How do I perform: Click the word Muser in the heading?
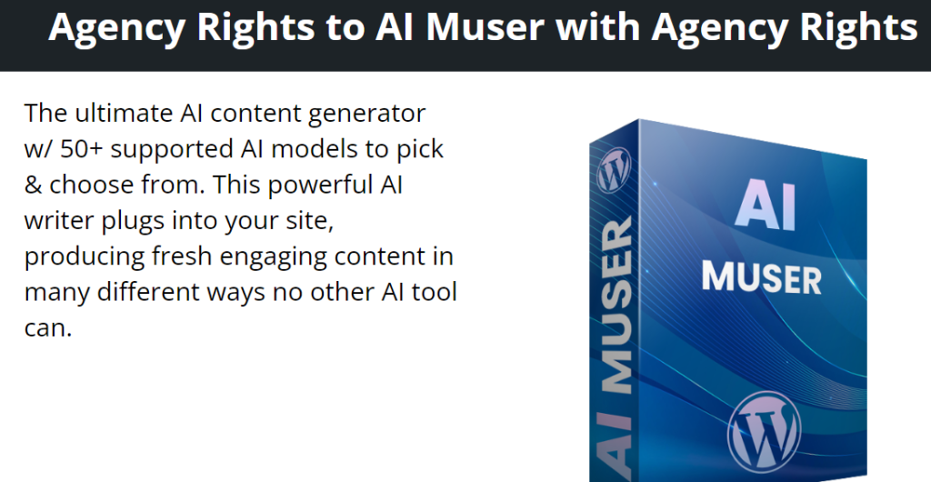pos(485,26)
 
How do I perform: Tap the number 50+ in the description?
pos(82,149)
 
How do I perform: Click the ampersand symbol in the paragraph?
pos(34,185)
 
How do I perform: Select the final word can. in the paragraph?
pos(47,328)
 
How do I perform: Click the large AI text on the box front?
pos(766,205)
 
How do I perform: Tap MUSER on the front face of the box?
pos(762,277)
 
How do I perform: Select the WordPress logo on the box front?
pos(764,432)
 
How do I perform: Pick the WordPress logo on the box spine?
pos(614,170)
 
